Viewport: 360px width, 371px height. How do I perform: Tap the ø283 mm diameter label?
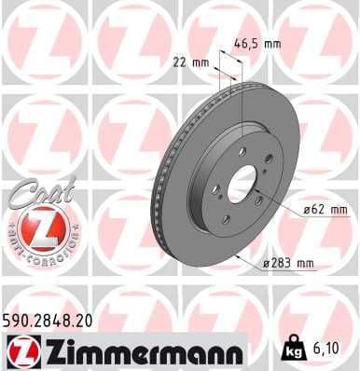point(288,262)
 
